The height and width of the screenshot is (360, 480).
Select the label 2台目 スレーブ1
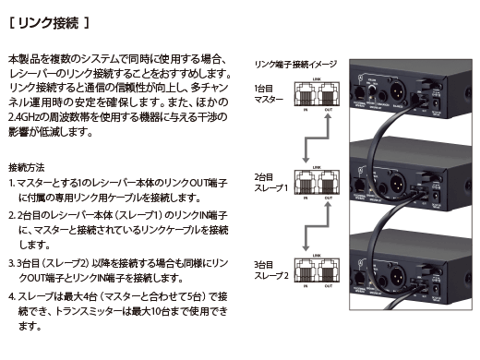tap(270, 181)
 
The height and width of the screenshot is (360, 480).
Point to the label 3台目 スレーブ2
tap(270, 270)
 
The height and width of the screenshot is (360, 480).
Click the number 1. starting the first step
tap(11, 185)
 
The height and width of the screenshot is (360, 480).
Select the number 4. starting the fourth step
tap(11, 296)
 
